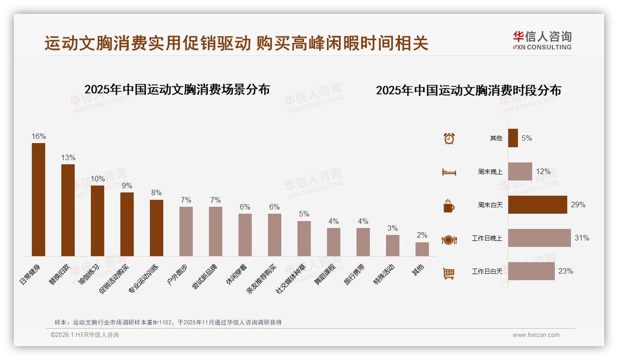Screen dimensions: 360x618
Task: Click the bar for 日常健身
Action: [38, 199]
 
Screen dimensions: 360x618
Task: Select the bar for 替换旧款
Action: [68, 210]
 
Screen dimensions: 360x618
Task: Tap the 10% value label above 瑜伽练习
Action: [98, 179]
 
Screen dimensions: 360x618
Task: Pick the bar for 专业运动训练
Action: [156, 228]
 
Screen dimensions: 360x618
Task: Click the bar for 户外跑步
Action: [186, 231]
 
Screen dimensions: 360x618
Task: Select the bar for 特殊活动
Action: [392, 245]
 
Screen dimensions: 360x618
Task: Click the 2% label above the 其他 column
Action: [422, 235]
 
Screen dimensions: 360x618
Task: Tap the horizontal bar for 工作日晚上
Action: [539, 238]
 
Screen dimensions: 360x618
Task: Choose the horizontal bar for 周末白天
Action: [537, 204]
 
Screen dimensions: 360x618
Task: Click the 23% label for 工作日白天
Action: [565, 271]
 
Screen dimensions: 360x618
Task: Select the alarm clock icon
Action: [449, 138]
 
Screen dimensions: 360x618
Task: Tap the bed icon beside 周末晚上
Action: [449, 172]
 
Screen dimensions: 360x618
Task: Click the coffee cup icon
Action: [449, 206]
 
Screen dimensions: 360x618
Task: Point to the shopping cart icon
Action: [449, 273]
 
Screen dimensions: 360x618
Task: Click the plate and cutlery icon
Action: [449, 240]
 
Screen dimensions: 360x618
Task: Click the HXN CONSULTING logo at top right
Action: [542, 41]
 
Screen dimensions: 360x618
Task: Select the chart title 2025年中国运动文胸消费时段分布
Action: [468, 90]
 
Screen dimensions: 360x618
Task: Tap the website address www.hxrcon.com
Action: [536, 335]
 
